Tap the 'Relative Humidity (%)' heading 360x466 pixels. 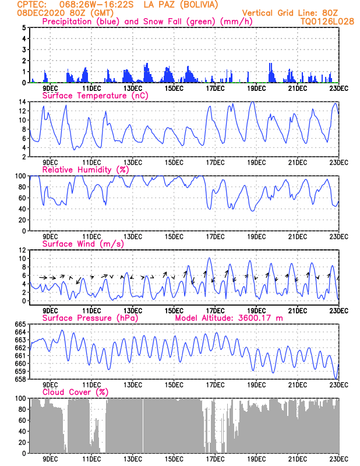point(84,170)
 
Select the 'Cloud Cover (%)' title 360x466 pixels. point(75,392)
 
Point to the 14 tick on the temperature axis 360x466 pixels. point(22,102)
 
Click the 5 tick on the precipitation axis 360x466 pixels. point(24,27)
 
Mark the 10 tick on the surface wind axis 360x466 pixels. point(22,258)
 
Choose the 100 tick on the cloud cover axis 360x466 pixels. point(20,398)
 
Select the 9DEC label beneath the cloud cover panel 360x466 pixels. point(50,459)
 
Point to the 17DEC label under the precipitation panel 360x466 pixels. point(215,89)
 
